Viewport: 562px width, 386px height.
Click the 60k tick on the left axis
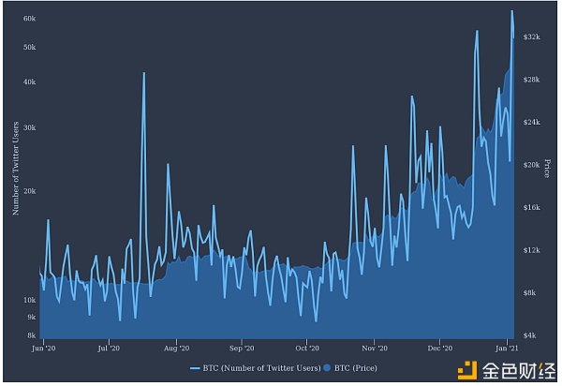click(x=29, y=19)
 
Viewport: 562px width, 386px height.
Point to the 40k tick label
click(x=29, y=82)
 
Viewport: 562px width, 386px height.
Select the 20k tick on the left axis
click(x=29, y=191)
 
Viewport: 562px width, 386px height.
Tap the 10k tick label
click(x=29, y=300)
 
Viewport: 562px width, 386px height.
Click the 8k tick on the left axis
click(x=31, y=334)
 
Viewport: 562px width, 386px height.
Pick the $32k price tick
click(x=531, y=36)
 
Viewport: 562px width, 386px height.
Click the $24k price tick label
click(x=531, y=122)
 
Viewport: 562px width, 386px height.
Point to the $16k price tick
click(x=531, y=207)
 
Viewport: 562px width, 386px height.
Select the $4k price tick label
click(x=530, y=334)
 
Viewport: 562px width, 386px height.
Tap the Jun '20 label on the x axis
click(x=44, y=348)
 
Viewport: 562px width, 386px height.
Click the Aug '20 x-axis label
click(x=176, y=348)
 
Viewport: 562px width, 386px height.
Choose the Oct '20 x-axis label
click(x=308, y=348)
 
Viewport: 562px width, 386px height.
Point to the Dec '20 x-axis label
click(x=439, y=348)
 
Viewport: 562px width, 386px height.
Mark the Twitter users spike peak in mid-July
click(x=143, y=73)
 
